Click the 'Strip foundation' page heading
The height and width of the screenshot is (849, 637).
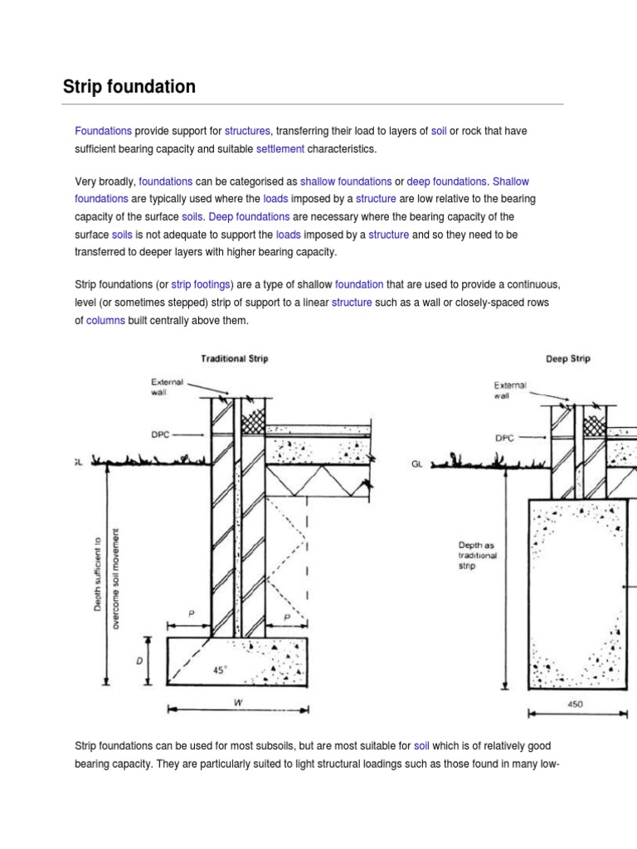coord(129,86)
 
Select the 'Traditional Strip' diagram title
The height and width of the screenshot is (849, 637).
coord(235,359)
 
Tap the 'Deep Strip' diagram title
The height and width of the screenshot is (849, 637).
coord(567,359)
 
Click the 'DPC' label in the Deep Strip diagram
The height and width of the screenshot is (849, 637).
coord(505,437)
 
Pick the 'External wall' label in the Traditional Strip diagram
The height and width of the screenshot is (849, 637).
coord(166,387)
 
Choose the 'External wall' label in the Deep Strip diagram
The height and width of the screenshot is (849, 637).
coord(509,391)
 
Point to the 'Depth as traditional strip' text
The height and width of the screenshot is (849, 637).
coord(478,555)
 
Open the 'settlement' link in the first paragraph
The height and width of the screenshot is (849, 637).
coord(280,149)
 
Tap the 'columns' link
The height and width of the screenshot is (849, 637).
coord(105,321)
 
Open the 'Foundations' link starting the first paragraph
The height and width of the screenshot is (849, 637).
coord(103,131)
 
